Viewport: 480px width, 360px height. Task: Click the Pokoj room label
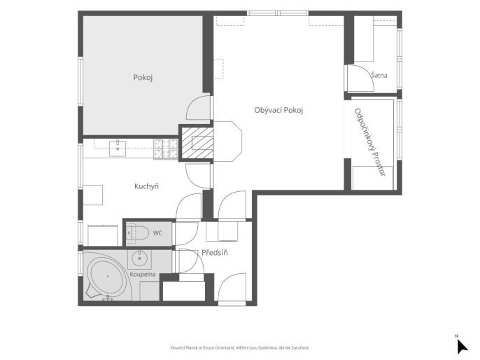coord(143,78)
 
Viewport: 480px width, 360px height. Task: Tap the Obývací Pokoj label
coord(278,110)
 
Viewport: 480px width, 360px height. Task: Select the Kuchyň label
coord(146,186)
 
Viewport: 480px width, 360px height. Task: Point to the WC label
coord(157,233)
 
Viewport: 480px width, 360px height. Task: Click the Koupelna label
coord(143,275)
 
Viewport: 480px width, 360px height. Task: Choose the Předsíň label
coord(215,253)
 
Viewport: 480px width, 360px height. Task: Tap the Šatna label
coord(379,75)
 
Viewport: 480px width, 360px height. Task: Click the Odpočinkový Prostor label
coord(369,142)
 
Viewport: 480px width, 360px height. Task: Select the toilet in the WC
coord(137,233)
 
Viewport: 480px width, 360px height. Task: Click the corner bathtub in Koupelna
coord(107,277)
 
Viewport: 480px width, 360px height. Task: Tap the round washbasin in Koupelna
coord(140,258)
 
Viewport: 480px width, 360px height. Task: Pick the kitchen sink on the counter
coord(118,148)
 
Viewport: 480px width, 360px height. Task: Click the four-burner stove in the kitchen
coord(166,149)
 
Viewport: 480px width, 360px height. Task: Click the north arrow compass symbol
coord(462,345)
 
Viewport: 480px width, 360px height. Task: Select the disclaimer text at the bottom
coord(240,348)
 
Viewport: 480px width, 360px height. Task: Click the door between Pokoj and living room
coord(199,107)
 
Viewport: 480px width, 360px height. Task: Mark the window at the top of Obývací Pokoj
coord(277,13)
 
